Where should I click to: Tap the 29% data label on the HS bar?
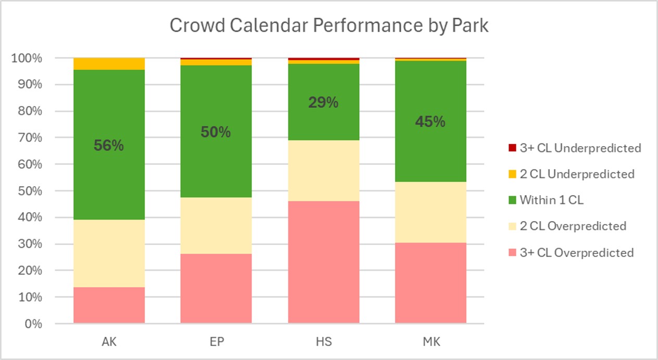[x=323, y=103]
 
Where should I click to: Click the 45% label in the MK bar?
[x=430, y=122]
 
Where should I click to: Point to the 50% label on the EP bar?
[x=216, y=132]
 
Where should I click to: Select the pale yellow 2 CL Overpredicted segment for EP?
[x=216, y=225]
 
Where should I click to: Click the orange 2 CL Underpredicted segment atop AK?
[x=109, y=63]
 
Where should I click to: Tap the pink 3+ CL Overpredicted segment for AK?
[x=109, y=305]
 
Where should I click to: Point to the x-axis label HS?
[x=323, y=342]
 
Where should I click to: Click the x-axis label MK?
[x=430, y=342]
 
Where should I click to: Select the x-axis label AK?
[x=109, y=342]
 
